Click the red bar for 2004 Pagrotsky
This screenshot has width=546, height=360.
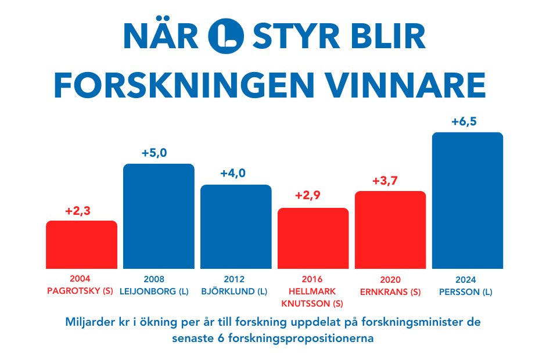point(81,244)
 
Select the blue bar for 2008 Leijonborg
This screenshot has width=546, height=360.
point(159,216)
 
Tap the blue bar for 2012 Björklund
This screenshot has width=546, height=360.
point(236,226)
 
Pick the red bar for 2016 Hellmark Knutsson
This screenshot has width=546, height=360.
point(313,238)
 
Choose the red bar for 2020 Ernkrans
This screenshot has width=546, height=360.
point(390,229)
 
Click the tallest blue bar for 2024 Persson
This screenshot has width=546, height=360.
point(468,200)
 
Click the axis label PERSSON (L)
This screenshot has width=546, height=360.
point(468,292)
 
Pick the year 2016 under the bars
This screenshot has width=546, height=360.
point(313,279)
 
